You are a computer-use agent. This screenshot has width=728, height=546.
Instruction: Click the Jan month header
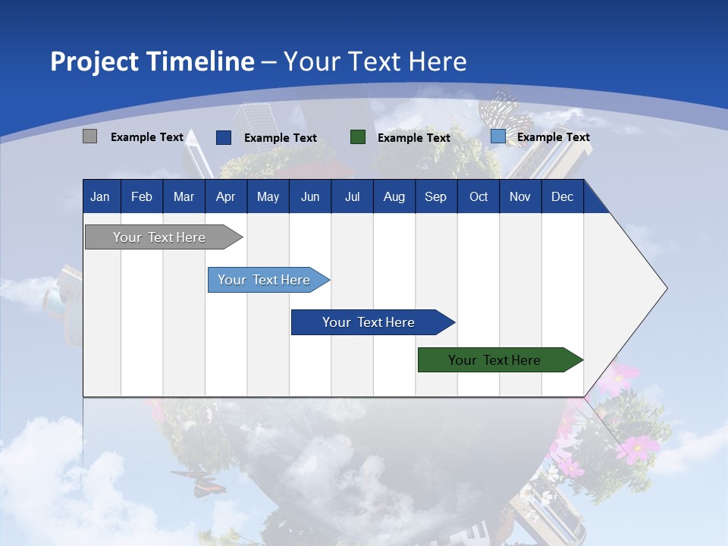(100, 197)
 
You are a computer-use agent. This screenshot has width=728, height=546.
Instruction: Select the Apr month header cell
(225, 197)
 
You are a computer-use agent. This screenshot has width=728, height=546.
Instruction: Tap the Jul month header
(352, 197)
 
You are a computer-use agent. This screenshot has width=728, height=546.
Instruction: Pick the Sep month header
(435, 197)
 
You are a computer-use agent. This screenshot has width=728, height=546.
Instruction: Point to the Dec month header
(562, 197)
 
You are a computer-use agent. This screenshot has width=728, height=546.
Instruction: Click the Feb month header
(142, 197)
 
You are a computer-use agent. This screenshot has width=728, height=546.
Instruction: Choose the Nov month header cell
(519, 197)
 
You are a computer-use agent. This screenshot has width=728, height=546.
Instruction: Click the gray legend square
(89, 136)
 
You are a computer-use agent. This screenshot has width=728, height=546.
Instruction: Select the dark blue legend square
(223, 137)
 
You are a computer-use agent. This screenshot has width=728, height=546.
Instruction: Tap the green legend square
(357, 137)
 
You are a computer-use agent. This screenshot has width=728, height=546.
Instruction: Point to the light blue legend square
(497, 136)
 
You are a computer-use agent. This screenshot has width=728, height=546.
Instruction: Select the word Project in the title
(94, 61)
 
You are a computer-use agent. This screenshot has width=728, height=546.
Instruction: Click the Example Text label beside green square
(413, 138)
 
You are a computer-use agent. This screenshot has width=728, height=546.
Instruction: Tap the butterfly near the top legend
(501, 105)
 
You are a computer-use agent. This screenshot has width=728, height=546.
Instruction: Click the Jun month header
(309, 197)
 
